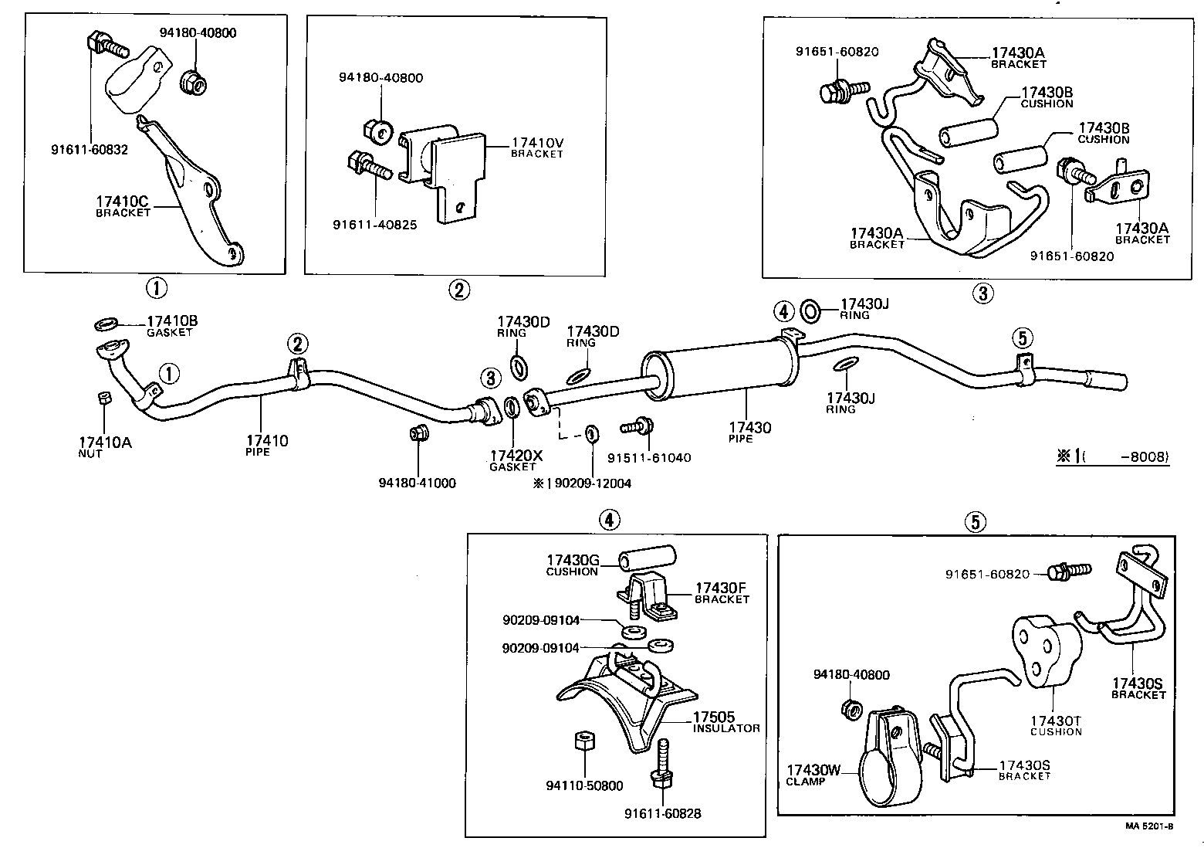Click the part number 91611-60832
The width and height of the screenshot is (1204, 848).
90,150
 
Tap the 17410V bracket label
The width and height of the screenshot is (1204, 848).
537,147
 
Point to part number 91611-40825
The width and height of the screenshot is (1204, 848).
375,226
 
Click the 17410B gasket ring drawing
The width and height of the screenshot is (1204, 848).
106,322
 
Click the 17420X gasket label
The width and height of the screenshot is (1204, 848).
516,460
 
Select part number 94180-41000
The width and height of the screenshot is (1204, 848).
417,483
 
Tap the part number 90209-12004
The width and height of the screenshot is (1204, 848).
593,483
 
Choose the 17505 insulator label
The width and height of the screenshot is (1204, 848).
725,721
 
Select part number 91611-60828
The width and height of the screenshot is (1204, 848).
662,813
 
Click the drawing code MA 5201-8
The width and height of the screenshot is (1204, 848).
1148,826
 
